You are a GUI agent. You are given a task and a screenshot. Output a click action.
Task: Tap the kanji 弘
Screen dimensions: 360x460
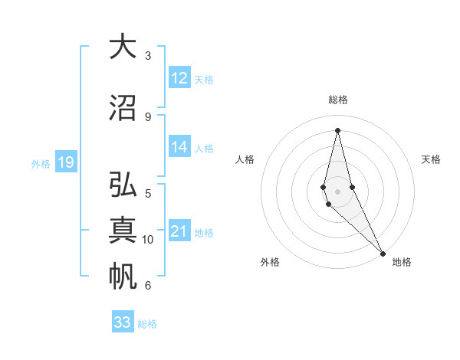[x=123, y=186]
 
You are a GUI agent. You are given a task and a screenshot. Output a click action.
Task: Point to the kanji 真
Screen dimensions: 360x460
[x=123, y=231]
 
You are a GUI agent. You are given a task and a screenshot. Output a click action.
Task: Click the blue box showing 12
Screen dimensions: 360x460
[x=179, y=78]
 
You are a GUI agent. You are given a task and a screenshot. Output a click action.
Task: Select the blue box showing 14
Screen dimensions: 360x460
[x=179, y=147]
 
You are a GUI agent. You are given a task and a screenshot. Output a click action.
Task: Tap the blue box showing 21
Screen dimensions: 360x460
[x=179, y=231]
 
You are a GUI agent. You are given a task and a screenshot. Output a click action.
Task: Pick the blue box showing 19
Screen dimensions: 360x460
[x=65, y=162]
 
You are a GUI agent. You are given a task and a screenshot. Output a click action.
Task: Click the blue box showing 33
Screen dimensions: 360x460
[x=123, y=322]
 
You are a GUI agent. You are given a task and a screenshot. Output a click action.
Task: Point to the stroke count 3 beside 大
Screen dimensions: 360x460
[x=148, y=56]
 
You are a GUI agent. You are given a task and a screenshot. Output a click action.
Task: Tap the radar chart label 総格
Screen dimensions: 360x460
[x=338, y=100]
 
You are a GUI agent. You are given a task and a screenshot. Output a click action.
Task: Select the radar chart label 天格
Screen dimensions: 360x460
[x=432, y=159]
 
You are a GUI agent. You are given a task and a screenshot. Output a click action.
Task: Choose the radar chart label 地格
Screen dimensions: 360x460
[x=402, y=263]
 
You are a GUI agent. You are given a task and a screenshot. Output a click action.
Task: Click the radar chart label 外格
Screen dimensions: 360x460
[x=270, y=263]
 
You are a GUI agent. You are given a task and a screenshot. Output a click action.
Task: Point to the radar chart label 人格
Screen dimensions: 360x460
[x=245, y=159]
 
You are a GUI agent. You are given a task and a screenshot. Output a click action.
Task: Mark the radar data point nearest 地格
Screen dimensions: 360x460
[x=383, y=252]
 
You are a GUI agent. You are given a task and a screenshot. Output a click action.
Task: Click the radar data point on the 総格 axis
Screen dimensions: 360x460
[x=337, y=131]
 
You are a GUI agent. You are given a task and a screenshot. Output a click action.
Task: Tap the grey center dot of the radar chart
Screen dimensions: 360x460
[x=337, y=191]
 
